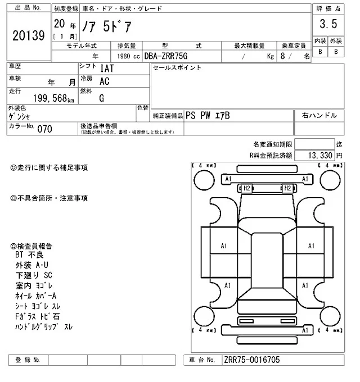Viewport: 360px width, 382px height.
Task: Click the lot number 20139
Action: (28, 37)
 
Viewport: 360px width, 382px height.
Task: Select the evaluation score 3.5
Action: (328, 25)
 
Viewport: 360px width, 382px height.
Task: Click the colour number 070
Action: (44, 129)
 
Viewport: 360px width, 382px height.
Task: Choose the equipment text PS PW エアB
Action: (208, 116)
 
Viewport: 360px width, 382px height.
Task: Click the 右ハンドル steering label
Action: (319, 116)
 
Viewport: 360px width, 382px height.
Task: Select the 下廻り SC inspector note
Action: (35, 276)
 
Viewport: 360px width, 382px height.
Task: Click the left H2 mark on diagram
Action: (246, 188)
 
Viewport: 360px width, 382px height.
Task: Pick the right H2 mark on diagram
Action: (286, 188)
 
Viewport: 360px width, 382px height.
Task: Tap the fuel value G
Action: (102, 98)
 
